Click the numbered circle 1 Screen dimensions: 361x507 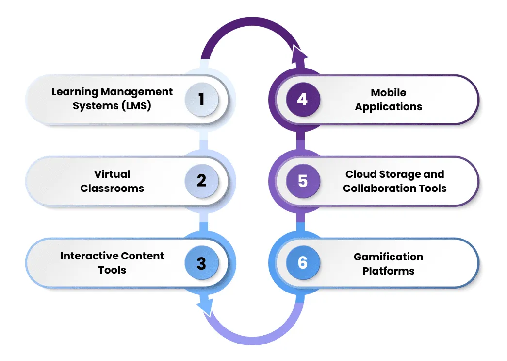click(x=202, y=99)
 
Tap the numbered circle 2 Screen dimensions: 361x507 click(x=202, y=181)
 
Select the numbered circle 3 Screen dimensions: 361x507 click(x=202, y=263)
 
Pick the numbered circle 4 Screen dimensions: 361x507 click(x=303, y=99)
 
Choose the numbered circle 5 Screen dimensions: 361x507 click(x=303, y=181)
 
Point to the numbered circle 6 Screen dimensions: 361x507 click(x=303, y=263)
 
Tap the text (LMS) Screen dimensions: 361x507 click(x=133, y=105)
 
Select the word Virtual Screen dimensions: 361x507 click(x=112, y=174)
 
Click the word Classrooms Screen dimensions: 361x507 click(x=112, y=188)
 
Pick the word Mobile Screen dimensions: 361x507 click(x=389, y=92)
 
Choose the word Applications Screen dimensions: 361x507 click(x=389, y=107)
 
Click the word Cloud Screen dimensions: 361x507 click(x=360, y=174)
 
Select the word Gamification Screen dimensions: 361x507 click(x=389, y=257)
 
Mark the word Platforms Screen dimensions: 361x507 click(x=389, y=271)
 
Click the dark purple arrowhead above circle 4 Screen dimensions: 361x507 click(x=299, y=53)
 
